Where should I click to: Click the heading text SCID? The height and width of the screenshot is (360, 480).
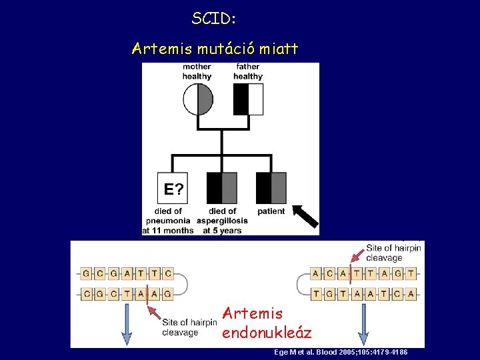point(214,19)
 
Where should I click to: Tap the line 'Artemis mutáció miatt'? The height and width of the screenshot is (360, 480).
point(215,49)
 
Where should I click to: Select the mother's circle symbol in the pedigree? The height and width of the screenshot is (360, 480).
point(198,99)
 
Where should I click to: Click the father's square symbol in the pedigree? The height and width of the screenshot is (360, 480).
point(248,99)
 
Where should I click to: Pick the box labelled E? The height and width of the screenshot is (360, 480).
point(173,188)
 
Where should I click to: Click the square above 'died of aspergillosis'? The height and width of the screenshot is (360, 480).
point(222,188)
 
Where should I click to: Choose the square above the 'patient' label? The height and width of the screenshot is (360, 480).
point(271,188)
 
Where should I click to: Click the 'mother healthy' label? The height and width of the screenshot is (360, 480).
point(197,71)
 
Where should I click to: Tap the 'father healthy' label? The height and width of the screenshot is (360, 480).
point(248,71)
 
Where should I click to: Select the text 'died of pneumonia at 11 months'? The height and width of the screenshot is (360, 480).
point(167,221)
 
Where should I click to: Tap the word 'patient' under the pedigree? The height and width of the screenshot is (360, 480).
point(271,211)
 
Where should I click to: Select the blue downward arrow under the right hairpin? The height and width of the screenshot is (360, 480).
point(364,325)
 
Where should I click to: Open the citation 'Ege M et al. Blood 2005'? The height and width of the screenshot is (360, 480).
point(341,352)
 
